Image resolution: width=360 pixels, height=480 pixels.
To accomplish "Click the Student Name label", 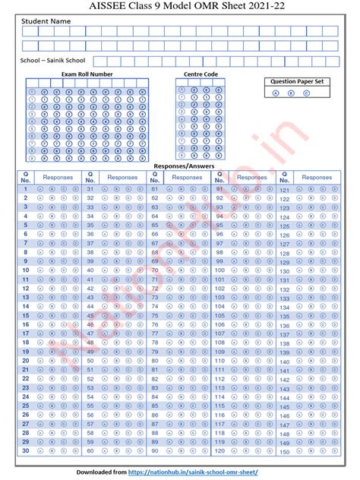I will click(x=46, y=21).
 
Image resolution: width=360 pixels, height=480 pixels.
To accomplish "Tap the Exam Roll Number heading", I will click(x=87, y=74).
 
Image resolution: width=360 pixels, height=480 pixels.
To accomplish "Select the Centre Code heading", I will click(x=201, y=74).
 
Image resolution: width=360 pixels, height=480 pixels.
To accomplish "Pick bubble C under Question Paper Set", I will click(x=306, y=93).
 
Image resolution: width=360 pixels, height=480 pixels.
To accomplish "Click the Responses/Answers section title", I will click(x=184, y=166).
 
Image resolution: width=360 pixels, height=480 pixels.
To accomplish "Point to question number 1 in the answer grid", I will click(x=25, y=188).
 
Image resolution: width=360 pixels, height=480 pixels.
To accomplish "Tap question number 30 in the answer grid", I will click(x=25, y=450).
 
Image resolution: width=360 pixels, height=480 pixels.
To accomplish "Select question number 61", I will click(x=154, y=188).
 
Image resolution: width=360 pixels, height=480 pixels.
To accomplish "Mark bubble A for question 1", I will click(x=43, y=188).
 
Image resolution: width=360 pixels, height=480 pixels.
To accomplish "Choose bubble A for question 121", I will click(x=300, y=189).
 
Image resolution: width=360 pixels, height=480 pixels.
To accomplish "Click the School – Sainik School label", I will click(x=52, y=59).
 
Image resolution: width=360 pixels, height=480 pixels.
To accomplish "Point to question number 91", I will click(x=219, y=188).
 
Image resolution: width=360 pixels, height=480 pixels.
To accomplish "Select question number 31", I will click(x=90, y=188).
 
